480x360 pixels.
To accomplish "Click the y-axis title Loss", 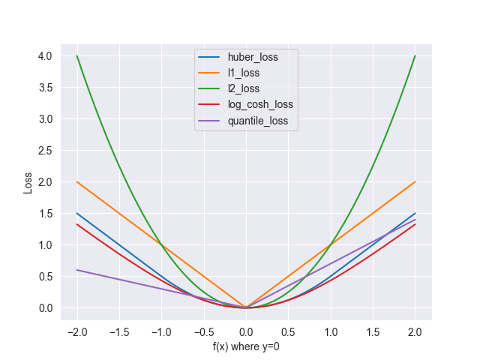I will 28,182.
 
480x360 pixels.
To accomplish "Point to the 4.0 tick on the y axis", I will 46,55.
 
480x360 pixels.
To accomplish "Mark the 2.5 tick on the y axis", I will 46,150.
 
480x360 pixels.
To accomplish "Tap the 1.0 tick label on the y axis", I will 46,244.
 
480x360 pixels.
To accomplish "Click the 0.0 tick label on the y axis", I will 46,307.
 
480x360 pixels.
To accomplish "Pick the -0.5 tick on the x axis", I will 202,331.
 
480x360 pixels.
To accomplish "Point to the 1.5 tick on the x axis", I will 373,331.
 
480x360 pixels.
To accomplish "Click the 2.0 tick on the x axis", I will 415,331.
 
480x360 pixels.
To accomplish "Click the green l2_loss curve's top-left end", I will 77,55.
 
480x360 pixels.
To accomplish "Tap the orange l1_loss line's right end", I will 415,181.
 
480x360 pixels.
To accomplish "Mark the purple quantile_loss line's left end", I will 77,270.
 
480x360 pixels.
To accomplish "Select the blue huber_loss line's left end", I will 77,213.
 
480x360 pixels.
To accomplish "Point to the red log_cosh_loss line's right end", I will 415,224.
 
